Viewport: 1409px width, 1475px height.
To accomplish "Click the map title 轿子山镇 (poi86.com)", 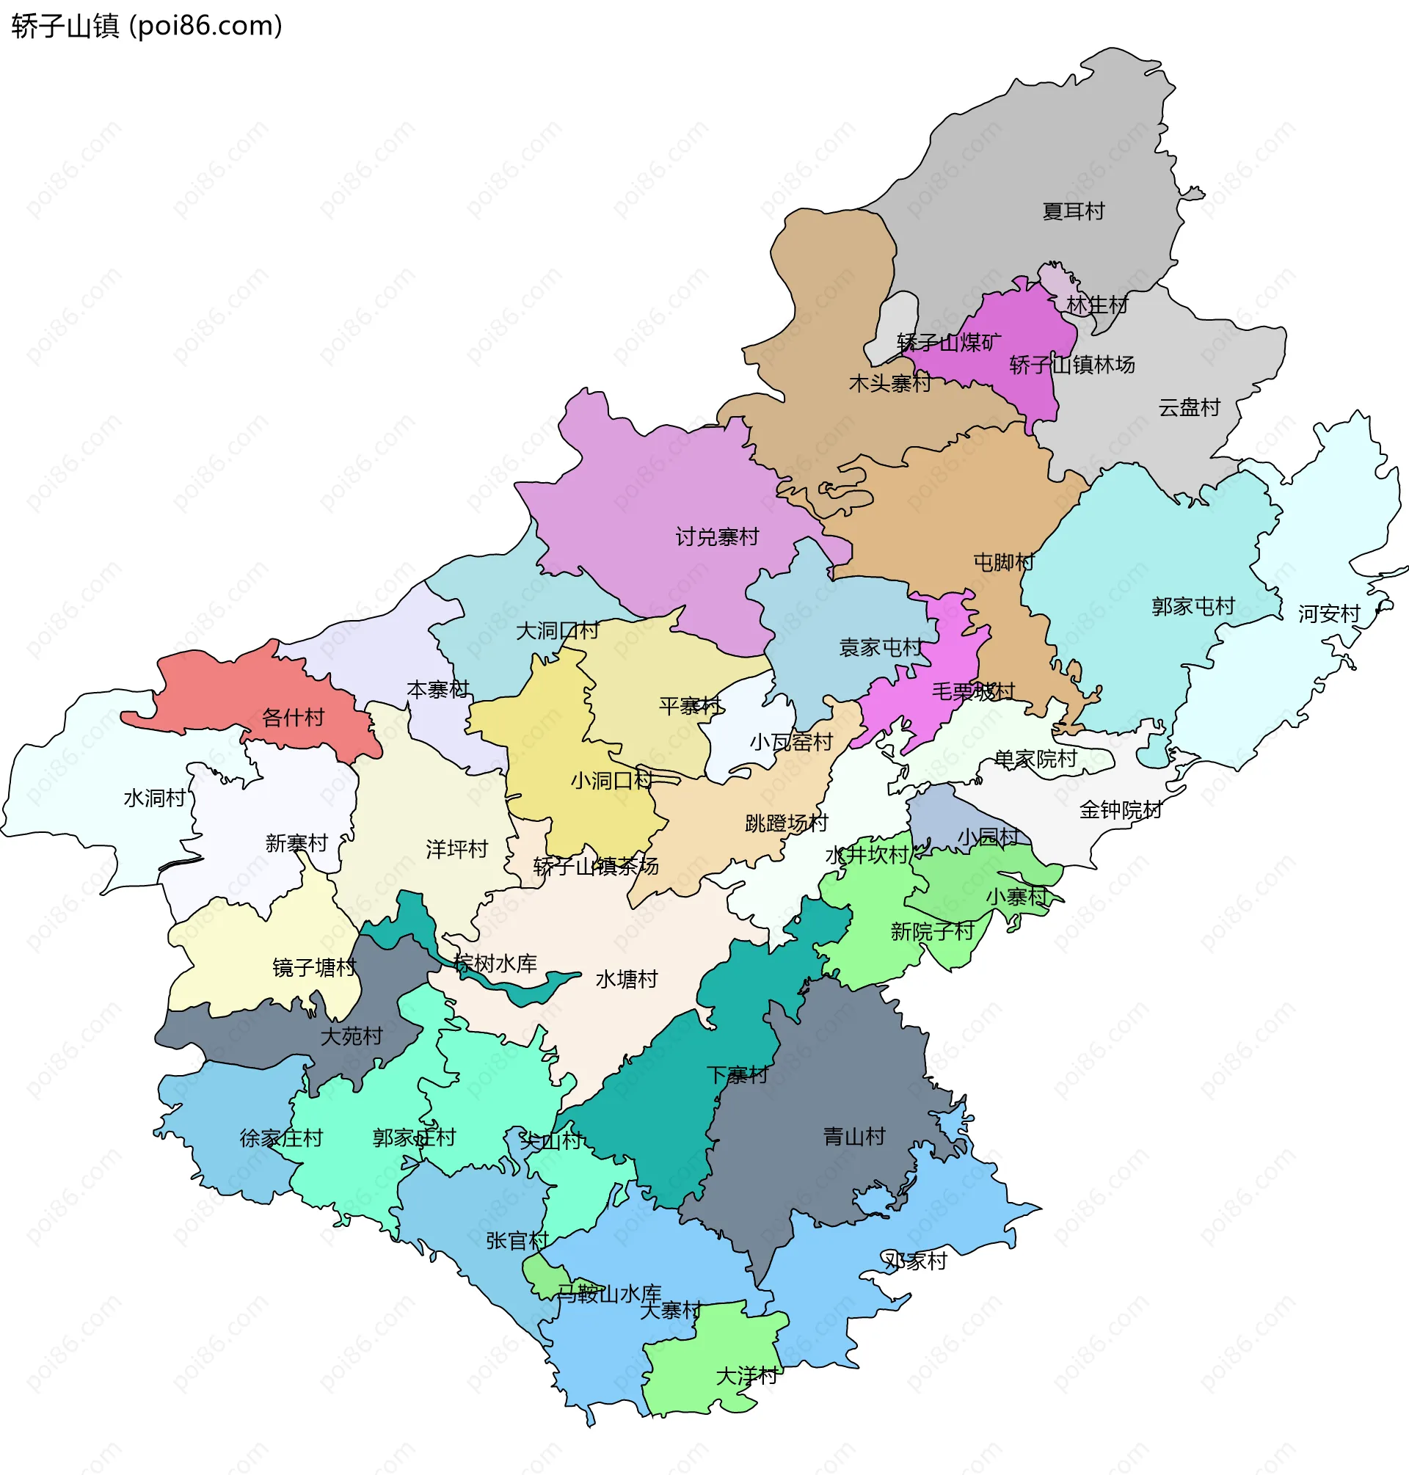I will tap(148, 26).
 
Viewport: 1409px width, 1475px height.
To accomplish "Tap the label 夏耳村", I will tap(1074, 211).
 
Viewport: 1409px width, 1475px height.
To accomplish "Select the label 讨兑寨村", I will tap(716, 537).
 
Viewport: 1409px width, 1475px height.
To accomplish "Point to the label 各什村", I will tap(293, 717).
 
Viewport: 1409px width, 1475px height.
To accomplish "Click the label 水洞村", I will tap(155, 798).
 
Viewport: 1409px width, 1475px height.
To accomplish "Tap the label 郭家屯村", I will tap(1193, 606).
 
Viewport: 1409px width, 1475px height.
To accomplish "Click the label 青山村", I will tap(854, 1136).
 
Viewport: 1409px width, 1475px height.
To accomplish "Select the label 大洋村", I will tap(746, 1376).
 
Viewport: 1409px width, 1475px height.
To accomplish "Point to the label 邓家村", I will tap(915, 1261).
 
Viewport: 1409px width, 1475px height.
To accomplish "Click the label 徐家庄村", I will tap(281, 1137).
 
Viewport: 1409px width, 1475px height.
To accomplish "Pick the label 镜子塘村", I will tap(314, 967).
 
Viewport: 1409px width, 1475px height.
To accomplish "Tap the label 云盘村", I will tap(1189, 408).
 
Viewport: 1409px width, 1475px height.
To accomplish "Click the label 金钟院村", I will tap(1121, 809).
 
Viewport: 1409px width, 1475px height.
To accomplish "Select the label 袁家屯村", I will tap(880, 647).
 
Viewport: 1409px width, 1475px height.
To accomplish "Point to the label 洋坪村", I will tap(456, 849).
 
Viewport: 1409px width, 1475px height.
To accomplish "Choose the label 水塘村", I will tap(626, 980).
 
